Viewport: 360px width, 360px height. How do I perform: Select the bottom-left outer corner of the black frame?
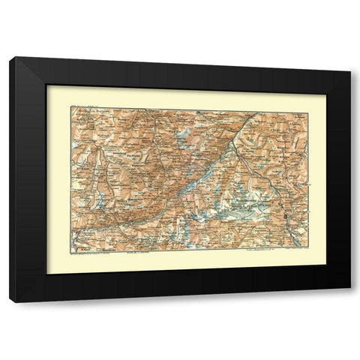(x=9, y=302)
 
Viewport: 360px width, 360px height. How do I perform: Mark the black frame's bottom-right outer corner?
(x=350, y=302)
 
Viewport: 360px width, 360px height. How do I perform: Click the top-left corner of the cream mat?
(x=46, y=84)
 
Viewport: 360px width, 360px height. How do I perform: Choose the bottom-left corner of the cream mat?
(x=46, y=274)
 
